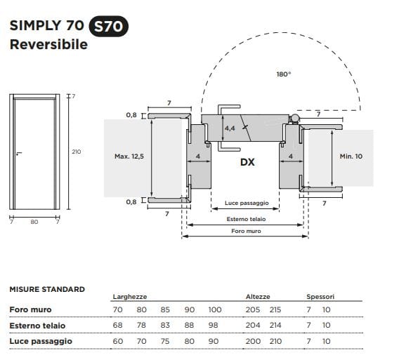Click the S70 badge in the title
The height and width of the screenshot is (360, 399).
click(109, 27)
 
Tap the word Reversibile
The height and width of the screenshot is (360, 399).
click(48, 45)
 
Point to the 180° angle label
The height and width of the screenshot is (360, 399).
click(283, 74)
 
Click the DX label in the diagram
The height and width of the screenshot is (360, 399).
click(247, 161)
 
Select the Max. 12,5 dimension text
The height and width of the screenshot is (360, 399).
click(129, 156)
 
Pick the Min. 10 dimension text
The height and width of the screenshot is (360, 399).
click(351, 156)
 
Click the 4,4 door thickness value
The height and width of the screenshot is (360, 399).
click(230, 129)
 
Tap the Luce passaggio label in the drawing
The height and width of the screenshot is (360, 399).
click(247, 203)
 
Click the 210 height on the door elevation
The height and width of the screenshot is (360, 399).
click(77, 152)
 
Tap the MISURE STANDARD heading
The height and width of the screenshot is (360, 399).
click(47, 289)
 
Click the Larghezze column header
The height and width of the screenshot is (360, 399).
click(129, 297)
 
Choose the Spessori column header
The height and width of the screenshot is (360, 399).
click(320, 297)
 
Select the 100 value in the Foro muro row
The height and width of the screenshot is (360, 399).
click(214, 309)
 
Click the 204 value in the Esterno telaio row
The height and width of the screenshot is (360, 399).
click(252, 326)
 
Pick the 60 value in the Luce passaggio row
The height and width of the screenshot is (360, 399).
click(118, 342)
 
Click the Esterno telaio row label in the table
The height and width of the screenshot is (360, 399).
click(37, 326)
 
